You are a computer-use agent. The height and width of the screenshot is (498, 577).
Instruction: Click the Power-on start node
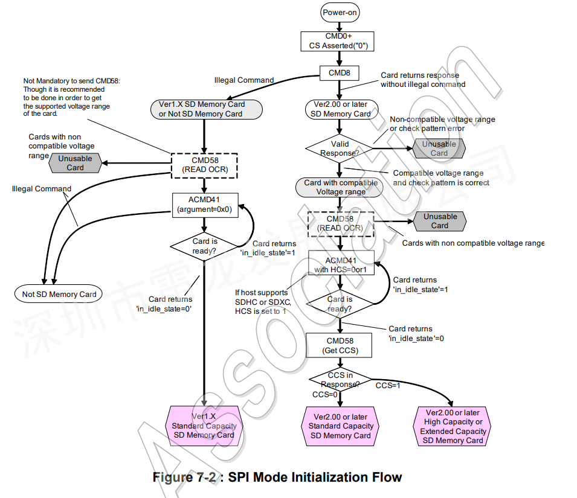coord(340,12)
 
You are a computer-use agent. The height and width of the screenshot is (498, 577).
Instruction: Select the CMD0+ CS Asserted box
coord(338,41)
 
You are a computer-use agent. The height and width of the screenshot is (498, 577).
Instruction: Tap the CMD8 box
coord(339,73)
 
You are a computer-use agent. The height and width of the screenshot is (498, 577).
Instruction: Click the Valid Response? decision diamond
coord(340,149)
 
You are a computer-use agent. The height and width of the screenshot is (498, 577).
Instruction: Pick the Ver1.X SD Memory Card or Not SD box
coord(207,109)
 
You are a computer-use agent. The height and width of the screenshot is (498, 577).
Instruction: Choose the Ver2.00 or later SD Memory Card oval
coord(342,109)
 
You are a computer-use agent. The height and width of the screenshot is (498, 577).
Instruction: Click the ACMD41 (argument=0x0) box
coord(205,205)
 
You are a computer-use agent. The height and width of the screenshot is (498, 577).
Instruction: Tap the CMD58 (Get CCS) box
coord(339,345)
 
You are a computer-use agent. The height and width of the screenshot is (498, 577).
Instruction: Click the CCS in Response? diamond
coord(340,380)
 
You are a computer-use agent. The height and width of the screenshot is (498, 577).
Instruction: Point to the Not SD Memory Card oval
coord(59,294)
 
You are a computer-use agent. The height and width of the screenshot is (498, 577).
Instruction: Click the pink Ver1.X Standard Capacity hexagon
coord(204,426)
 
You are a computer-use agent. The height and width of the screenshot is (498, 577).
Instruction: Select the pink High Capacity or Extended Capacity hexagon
coord(453,426)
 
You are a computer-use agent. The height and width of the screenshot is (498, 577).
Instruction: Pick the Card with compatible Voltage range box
coord(340,188)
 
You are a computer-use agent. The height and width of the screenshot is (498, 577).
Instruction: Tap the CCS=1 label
coord(387,385)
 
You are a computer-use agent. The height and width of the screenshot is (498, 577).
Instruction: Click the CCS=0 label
coord(324,394)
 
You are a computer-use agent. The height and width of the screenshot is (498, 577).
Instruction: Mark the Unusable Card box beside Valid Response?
coord(439,148)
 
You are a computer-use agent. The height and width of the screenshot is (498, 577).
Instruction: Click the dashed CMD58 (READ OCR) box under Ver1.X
coord(204,165)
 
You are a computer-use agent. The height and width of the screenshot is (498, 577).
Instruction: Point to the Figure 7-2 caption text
coord(277,477)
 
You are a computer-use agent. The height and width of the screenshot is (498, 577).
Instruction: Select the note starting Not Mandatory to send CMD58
coord(71,97)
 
